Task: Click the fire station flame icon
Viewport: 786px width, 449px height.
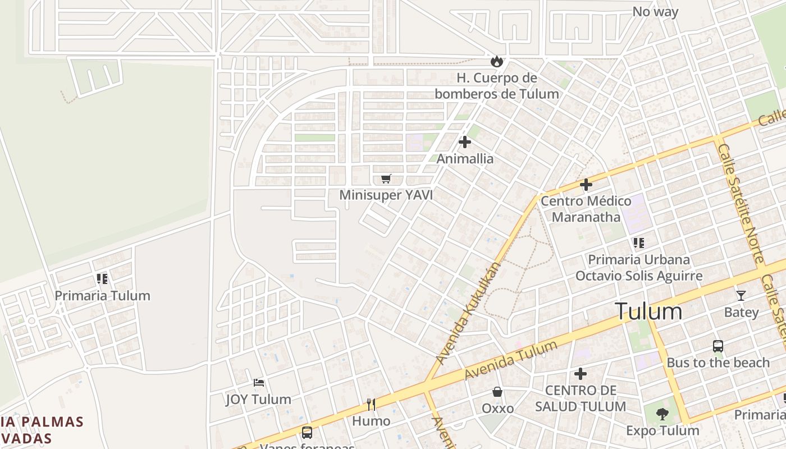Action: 496,61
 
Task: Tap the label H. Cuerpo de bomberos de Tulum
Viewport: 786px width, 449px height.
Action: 496,86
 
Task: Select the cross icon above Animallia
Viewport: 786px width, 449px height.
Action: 465,142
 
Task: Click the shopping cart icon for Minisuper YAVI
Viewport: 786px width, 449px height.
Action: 386,178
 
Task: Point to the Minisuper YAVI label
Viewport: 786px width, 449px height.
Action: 386,195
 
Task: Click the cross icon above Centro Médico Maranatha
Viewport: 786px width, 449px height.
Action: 586,184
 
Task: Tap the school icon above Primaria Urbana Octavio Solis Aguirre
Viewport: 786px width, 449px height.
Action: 638,243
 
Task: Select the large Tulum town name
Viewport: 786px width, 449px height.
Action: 648,311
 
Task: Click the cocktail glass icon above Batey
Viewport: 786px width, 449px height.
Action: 741,295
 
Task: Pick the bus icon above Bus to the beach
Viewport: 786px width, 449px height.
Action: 718,346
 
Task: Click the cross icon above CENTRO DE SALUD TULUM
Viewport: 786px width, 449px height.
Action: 581,373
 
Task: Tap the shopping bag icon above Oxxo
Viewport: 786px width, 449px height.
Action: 497,392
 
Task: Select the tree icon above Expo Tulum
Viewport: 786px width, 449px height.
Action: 662,414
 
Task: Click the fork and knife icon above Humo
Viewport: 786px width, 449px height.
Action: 371,404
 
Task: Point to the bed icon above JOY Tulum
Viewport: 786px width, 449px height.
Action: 258,383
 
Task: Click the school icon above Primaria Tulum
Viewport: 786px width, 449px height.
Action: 102,278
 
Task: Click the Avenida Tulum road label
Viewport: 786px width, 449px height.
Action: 511,360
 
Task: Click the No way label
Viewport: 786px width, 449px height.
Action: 655,12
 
